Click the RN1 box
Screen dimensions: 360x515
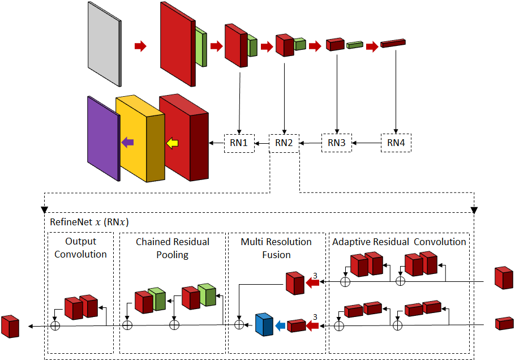coord(239,143)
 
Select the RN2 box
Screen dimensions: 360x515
coord(284,143)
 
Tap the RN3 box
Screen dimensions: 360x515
coord(337,143)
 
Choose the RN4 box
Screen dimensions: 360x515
coord(396,143)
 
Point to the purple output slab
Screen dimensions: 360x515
coord(102,138)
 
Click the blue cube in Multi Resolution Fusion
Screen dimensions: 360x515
coord(264,325)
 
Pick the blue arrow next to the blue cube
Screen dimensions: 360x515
coord(280,325)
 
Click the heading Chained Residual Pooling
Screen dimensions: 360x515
coord(173,248)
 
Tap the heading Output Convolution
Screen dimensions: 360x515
coord(81,248)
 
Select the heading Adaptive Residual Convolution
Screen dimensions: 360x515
coord(399,242)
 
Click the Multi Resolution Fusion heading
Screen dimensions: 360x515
coord(276,248)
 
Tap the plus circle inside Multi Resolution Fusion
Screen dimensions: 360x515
coord(239,324)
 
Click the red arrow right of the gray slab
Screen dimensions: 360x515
coord(140,46)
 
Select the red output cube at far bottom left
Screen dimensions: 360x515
coord(10,326)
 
